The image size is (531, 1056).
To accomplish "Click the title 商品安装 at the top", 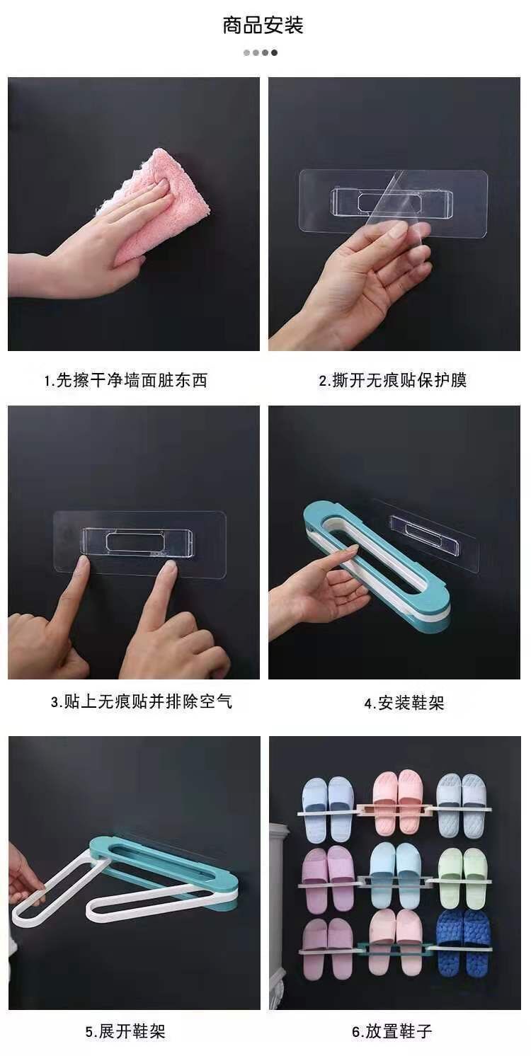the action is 263,25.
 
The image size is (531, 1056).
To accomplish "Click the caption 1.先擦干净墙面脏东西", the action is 126,380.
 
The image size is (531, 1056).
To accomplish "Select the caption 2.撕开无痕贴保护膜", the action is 393,380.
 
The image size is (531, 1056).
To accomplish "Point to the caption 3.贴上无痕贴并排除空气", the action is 142,702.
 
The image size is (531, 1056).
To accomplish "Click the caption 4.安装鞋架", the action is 404,704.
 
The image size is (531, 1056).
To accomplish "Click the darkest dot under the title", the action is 275,53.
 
